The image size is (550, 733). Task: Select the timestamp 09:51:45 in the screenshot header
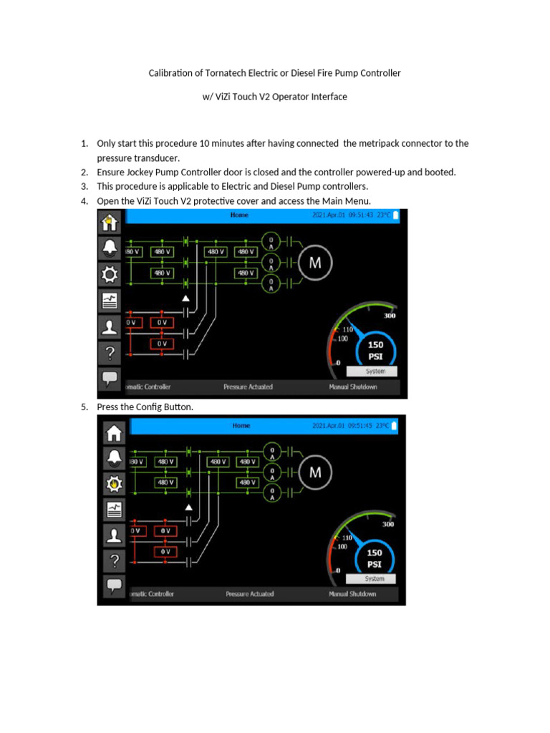click(x=360, y=426)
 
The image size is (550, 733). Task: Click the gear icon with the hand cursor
click(x=114, y=485)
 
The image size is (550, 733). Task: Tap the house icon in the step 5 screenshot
click(x=114, y=432)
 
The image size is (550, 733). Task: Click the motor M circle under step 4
click(x=314, y=262)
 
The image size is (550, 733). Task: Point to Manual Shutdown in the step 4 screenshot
click(x=353, y=387)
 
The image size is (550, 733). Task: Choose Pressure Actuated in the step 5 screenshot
click(x=249, y=594)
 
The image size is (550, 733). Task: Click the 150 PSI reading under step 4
click(x=375, y=349)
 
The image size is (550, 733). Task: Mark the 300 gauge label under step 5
click(x=389, y=524)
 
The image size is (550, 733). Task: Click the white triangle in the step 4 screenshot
click(x=185, y=297)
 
